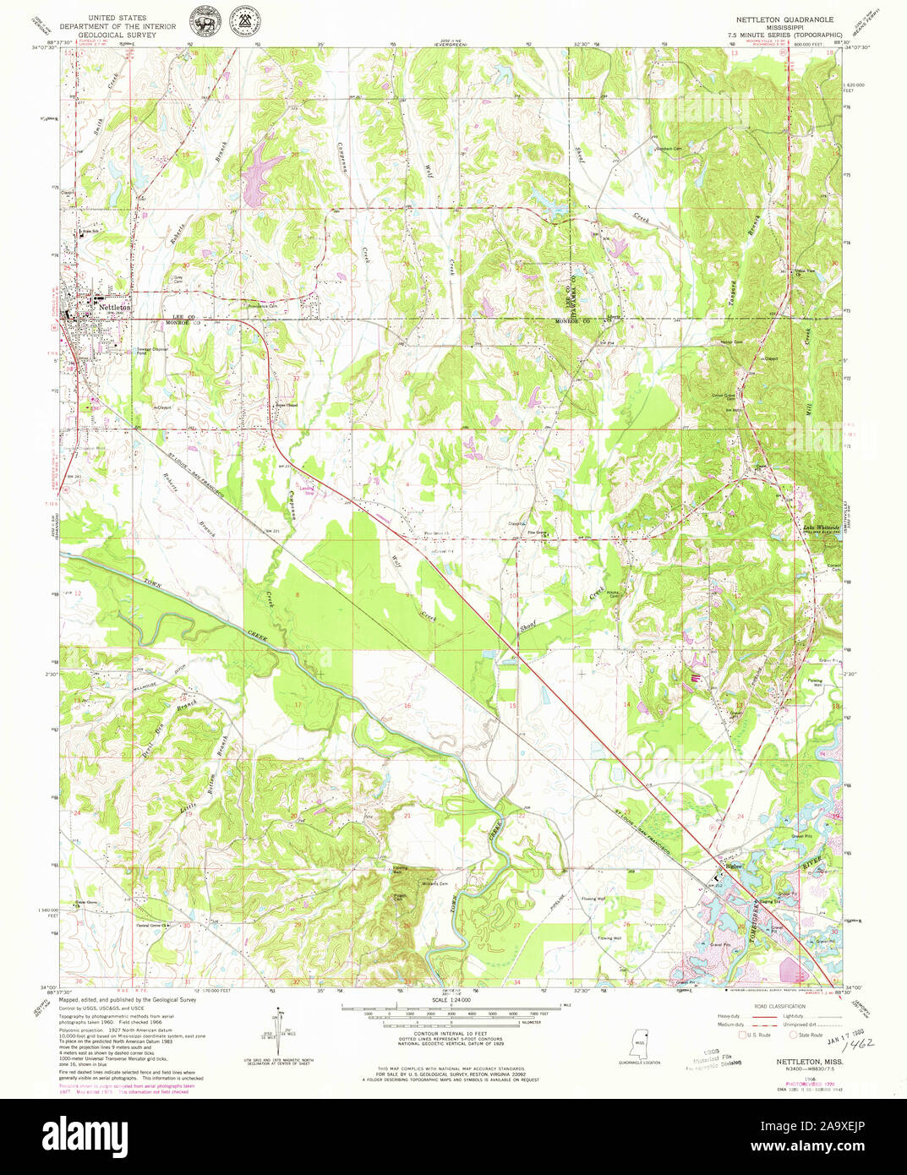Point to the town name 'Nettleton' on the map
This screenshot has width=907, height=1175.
(x=115, y=308)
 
